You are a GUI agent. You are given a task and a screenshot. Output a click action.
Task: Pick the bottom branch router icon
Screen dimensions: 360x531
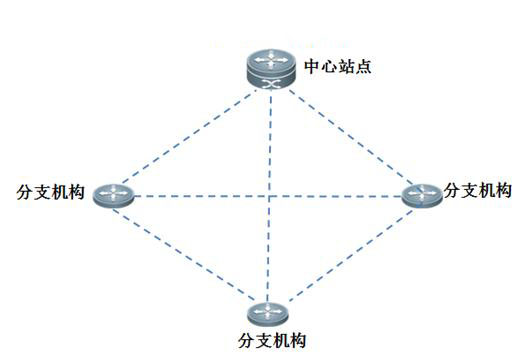266,312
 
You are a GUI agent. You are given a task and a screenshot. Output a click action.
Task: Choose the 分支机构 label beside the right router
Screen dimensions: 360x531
478,190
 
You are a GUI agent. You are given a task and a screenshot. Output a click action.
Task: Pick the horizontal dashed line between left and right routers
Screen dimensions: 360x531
200,195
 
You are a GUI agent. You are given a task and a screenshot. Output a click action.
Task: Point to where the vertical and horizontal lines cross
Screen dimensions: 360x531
269,195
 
